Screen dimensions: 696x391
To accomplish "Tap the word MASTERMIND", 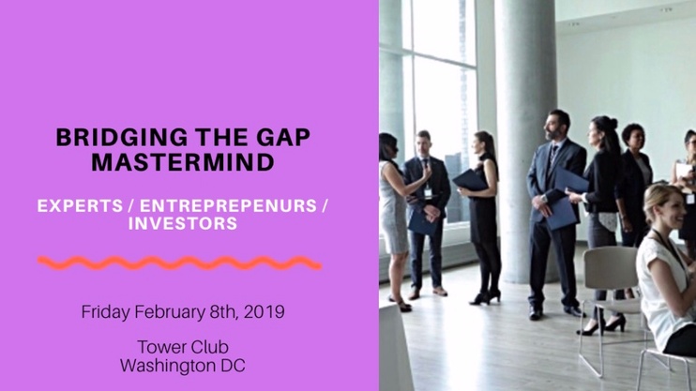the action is pos(183,162).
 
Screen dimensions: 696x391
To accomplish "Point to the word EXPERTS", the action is pos(81,206).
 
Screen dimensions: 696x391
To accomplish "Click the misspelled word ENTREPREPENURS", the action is pos(229,206).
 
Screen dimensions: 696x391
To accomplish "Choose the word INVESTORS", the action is pos(183,223).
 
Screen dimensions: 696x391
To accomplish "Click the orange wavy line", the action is pos(179,263).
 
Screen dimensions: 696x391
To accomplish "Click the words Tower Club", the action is pos(183,347).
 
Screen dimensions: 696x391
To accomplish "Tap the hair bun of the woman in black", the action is pos(613,122).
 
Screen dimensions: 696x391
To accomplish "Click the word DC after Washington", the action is pos(233,366).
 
